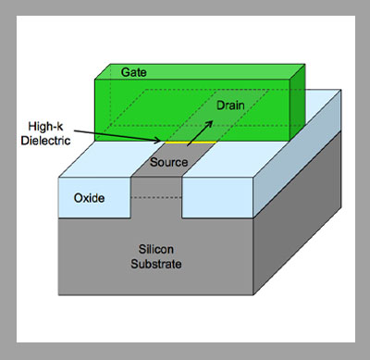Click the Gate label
click(133, 72)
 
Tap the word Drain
click(230, 106)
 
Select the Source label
click(168, 162)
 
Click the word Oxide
click(89, 198)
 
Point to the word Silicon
click(156, 249)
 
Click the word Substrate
click(156, 264)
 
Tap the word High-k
click(45, 127)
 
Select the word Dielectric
click(45, 141)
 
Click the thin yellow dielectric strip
click(191, 143)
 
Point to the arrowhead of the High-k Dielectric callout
click(160, 142)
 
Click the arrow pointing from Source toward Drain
click(200, 133)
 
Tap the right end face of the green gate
click(298, 103)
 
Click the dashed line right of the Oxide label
click(156, 197)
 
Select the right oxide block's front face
click(217, 197)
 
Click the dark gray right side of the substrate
click(297, 213)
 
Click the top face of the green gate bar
click(200, 71)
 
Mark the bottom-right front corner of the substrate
click(253, 295)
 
